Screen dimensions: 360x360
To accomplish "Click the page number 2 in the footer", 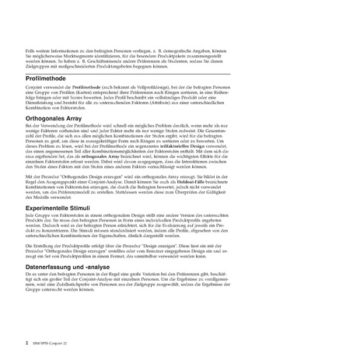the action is [27, 341].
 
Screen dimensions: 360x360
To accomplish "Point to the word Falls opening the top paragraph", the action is [30, 49].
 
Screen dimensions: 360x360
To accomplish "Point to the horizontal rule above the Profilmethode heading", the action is [180, 72].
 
